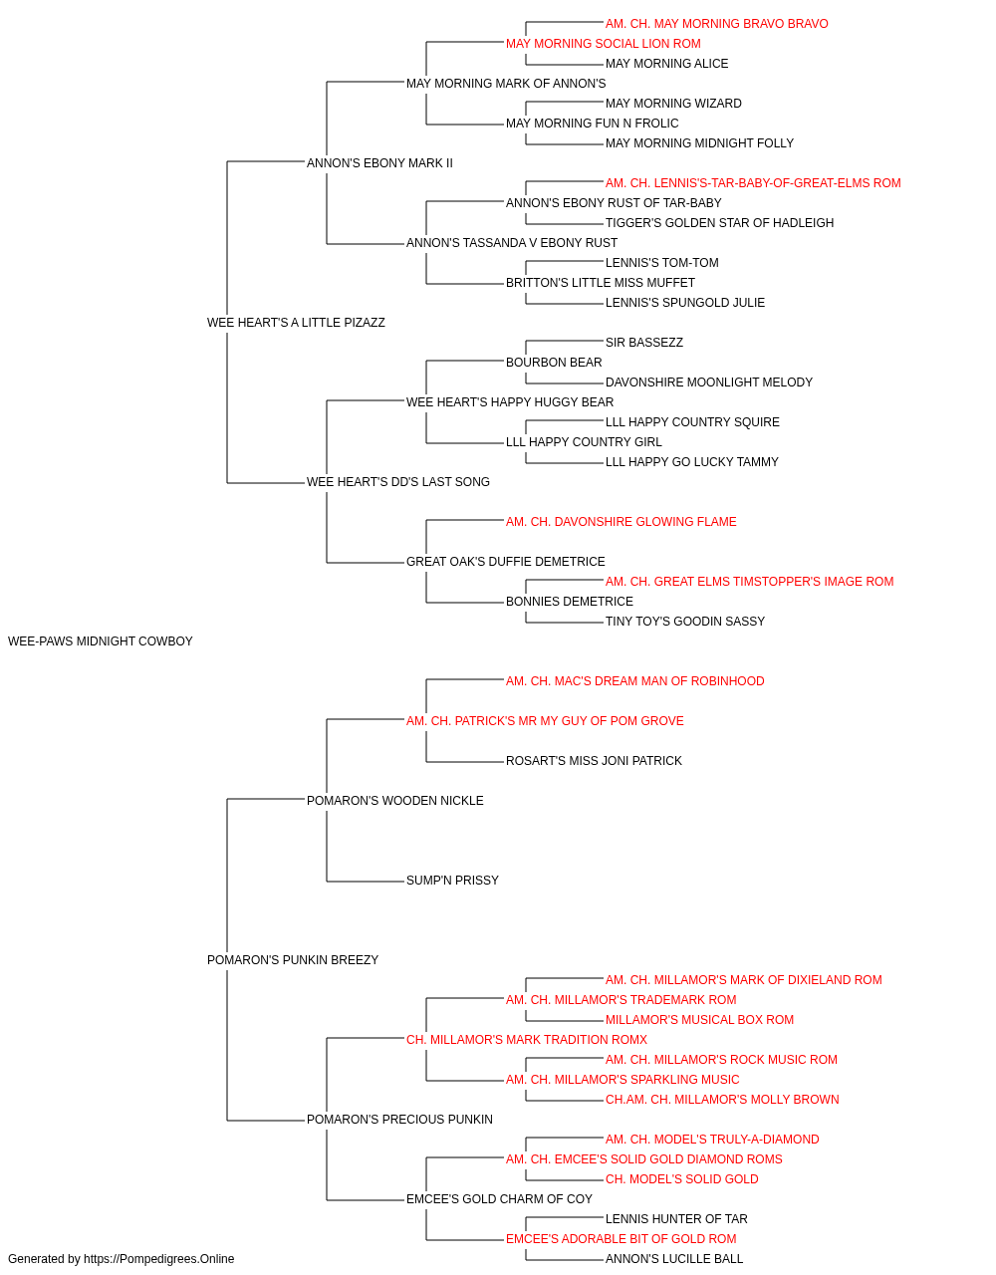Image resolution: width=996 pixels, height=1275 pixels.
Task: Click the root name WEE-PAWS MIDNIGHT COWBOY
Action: (101, 641)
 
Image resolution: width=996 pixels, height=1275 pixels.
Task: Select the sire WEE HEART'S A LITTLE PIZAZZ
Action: (296, 323)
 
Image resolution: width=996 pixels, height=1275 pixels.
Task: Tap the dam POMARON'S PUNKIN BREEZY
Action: (293, 960)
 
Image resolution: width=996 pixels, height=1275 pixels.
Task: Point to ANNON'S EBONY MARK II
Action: (379, 163)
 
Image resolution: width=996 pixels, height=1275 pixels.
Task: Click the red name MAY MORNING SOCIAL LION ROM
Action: (603, 44)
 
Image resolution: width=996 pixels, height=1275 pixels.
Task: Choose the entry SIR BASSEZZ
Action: (644, 342)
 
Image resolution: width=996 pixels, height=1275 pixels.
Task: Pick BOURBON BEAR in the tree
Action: (554, 362)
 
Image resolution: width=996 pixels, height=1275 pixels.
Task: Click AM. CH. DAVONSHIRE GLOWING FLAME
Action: (621, 522)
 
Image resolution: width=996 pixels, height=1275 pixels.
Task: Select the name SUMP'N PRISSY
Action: (452, 881)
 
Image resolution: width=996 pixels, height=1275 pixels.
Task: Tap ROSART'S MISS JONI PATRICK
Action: (594, 760)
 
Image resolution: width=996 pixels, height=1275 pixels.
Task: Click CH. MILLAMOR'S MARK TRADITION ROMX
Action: (526, 1040)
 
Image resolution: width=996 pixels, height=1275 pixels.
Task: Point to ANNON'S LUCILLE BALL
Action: (674, 1259)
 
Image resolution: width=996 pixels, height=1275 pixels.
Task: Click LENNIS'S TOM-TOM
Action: (661, 262)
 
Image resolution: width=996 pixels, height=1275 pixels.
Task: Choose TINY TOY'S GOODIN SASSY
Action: (684, 621)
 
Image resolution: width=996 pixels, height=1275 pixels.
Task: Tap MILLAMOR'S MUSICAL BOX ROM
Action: (699, 1020)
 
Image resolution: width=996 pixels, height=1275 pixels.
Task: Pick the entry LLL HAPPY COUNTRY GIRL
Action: (584, 442)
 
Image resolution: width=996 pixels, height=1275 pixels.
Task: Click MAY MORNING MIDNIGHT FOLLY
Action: (699, 143)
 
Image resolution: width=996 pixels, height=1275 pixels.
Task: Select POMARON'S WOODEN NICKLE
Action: (394, 800)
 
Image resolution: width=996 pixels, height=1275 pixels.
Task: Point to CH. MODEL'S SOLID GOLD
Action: (681, 1178)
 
